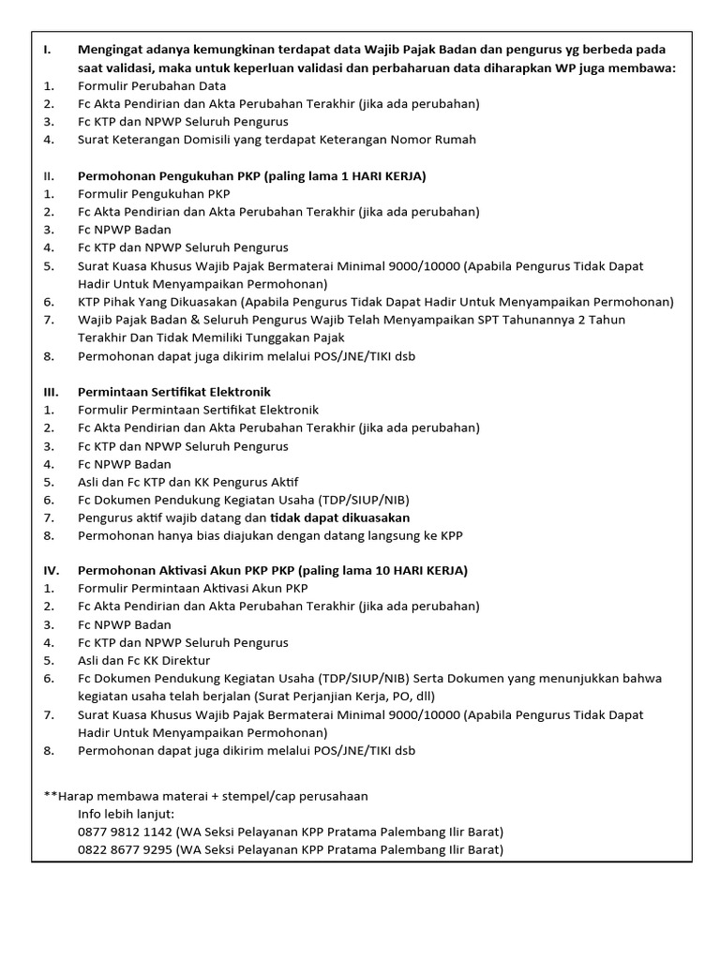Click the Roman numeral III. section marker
point(52,392)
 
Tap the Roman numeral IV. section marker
point(52,570)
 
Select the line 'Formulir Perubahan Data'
point(152,85)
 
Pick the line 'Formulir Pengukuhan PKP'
point(154,194)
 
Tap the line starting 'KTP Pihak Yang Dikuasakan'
point(376,302)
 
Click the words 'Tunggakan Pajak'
point(300,337)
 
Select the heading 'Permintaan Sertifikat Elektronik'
point(174,392)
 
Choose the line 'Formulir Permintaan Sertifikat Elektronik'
point(198,410)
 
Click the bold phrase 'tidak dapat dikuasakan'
point(340,517)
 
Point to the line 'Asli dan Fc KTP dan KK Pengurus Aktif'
point(188,482)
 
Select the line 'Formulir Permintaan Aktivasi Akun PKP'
point(193,588)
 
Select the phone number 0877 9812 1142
point(125,832)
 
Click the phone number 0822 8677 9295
point(125,849)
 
